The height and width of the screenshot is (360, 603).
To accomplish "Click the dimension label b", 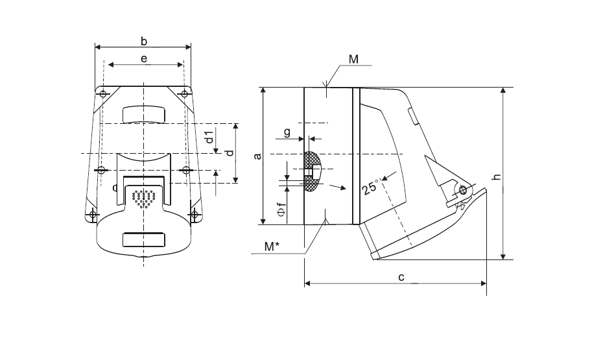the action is coord(144,41).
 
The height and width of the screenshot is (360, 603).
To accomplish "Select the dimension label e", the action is coord(144,58).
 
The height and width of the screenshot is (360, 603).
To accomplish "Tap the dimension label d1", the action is coord(209,137).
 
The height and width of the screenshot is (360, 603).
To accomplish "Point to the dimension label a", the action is coord(258,156).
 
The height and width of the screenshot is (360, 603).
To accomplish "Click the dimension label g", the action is coord(287,133).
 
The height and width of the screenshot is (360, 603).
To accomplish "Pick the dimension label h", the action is coord(497,177).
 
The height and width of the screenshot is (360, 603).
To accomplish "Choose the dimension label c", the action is coord(401,277).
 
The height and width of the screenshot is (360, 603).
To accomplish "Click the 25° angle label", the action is coord(371,187).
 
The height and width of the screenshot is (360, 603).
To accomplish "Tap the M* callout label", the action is coord(272,246).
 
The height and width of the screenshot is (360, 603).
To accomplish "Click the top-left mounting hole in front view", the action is coord(103,94).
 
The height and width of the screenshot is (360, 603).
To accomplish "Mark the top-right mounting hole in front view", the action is coord(185,94).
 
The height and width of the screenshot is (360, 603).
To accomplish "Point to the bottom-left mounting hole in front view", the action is coord(93,214).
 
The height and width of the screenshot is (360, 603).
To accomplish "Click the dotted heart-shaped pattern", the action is coord(144,198).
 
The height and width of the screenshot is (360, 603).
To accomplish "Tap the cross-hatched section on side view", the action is coord(311,172).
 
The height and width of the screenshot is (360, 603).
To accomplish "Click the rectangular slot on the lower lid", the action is coord(144,239).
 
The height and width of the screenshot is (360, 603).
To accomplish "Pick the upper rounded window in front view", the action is coord(144,115).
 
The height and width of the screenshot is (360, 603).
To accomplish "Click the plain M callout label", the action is coord(353,59).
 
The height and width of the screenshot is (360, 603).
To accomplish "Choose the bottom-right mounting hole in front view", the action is coord(195,214).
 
